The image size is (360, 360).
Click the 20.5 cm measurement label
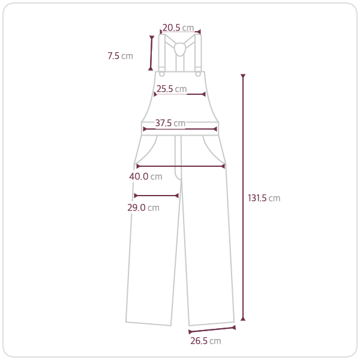pos(178,28)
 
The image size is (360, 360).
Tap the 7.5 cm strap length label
pos(121,56)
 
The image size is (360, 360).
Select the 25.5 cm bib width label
pos(172,89)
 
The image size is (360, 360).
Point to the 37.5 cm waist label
pos(170,123)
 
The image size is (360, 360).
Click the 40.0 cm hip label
pos(146,176)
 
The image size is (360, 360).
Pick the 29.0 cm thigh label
pos(143,208)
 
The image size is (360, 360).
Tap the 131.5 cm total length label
pos(264,198)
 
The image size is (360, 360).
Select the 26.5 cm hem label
pos(206,341)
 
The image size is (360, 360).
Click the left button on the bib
pos(162,74)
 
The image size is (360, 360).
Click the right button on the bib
pos(198,74)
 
